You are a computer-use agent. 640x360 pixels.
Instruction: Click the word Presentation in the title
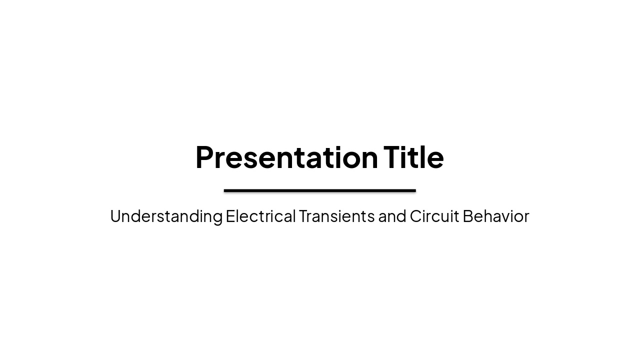[286, 157]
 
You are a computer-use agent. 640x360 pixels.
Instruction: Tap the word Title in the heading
[413, 157]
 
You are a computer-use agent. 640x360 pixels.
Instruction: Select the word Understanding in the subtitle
[166, 216]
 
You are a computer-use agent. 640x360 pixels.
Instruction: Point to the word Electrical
[260, 216]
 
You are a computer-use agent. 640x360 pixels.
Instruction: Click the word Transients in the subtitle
[336, 216]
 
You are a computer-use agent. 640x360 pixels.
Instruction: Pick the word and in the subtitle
[392, 216]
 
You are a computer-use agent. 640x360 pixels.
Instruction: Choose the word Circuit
[434, 216]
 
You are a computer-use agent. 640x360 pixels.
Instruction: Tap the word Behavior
[495, 216]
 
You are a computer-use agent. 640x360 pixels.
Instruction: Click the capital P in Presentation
[204, 157]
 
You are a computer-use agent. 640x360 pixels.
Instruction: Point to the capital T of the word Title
[392, 157]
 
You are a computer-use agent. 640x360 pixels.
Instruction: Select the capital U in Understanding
[116, 216]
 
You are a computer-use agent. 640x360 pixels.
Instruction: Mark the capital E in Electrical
[230, 216]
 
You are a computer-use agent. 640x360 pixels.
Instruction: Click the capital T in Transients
[303, 216]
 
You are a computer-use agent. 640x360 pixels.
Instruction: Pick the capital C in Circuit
[416, 216]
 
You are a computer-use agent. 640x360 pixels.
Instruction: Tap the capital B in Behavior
[467, 216]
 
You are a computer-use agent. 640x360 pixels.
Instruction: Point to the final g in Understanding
[217, 218]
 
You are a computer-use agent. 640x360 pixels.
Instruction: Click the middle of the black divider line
[320, 190]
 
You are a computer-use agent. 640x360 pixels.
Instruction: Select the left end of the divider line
[225, 190]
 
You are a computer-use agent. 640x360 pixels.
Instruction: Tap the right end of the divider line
[415, 190]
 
